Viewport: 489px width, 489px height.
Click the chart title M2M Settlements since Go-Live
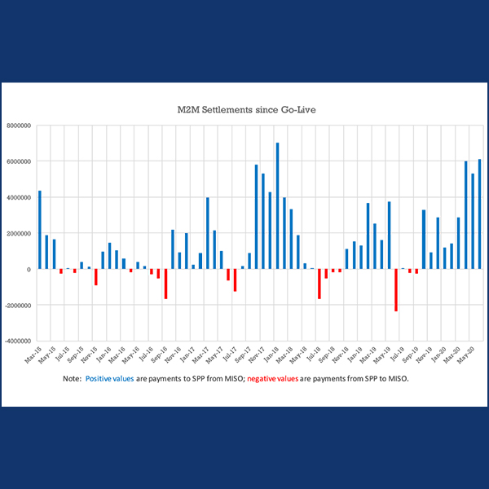(x=244, y=108)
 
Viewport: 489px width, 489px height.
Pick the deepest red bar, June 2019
(x=396, y=289)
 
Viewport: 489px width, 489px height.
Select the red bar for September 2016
(x=165, y=284)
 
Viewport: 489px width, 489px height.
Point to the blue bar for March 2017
(x=208, y=232)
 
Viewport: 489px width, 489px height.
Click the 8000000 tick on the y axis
(x=20, y=126)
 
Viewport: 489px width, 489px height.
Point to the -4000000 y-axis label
(x=18, y=341)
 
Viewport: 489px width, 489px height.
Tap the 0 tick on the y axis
(x=29, y=269)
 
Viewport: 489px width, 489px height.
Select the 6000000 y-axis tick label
(x=20, y=161)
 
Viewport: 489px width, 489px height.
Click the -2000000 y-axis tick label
(x=18, y=305)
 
